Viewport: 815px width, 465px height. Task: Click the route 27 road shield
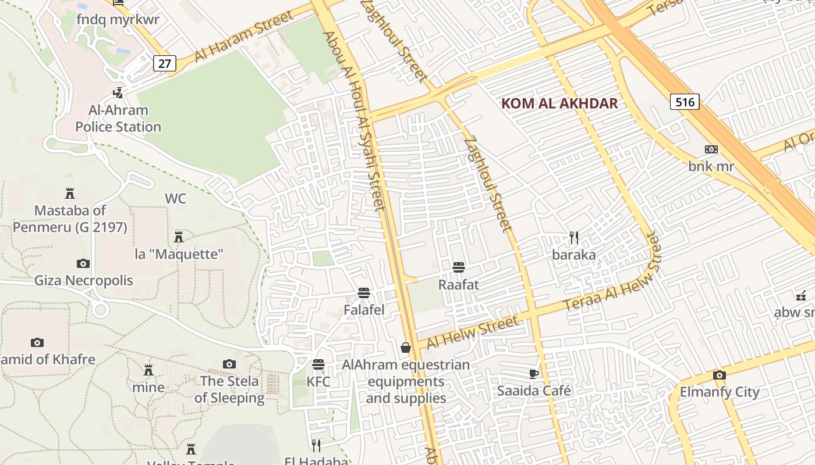coord(165,63)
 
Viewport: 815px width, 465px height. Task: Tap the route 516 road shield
coord(685,102)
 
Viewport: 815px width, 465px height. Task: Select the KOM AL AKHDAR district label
coord(559,104)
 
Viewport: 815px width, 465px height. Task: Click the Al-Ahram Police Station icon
coord(118,92)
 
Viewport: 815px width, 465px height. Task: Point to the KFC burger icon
coord(318,364)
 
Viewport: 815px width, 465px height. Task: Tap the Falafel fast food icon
coord(364,292)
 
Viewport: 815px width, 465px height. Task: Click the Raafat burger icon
coord(458,267)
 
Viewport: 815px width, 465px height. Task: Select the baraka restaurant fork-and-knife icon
coord(574,237)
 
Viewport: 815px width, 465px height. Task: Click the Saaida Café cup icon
coord(533,373)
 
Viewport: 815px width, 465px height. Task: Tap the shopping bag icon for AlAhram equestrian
coord(406,348)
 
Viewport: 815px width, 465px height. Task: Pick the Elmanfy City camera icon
coord(720,375)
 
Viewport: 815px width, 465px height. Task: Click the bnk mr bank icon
coord(711,149)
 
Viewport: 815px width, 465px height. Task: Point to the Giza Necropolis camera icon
coord(83,263)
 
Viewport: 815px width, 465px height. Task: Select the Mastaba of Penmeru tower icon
coord(70,193)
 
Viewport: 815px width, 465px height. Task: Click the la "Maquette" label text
coord(179,254)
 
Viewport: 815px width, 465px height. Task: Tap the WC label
coord(175,199)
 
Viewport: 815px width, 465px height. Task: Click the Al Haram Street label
coord(245,35)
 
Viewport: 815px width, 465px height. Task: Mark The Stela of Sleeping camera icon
coord(229,364)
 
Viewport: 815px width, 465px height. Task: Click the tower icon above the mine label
coord(148,370)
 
